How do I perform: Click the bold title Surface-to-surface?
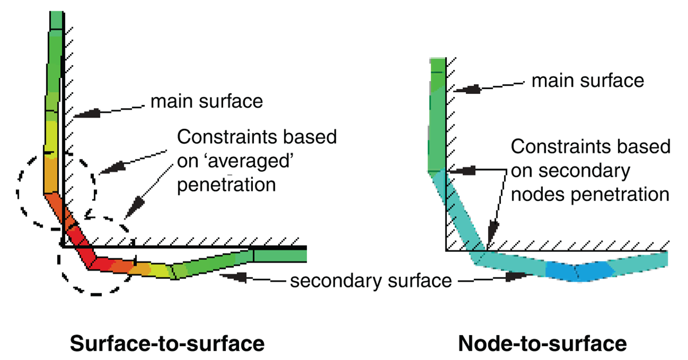pos(167,343)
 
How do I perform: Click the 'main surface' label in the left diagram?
pos(206,101)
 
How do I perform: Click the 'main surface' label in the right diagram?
pos(588,80)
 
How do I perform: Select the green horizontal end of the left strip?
pos(279,254)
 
